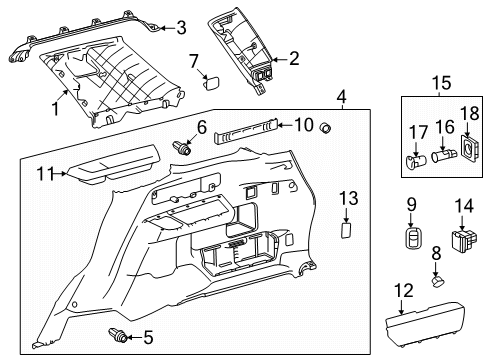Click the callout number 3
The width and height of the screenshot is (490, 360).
coord(181,28)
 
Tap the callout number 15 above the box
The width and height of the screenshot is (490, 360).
coord(442,83)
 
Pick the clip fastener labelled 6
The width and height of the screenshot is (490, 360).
coord(182,148)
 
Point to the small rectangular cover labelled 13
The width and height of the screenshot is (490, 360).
coord(346,230)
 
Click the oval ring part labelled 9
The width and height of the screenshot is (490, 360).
coord(412,238)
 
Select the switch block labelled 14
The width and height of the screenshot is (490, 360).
coord(464,240)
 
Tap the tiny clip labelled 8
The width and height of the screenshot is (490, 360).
coord(437,281)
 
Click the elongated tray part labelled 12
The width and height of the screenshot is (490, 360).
coord(425,322)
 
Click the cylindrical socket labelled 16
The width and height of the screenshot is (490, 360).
coord(444,155)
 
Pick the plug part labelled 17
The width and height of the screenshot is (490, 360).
coord(416,160)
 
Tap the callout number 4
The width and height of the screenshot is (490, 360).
coord(342,98)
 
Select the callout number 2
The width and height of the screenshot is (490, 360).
coord(294,59)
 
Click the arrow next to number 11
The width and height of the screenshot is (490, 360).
coord(59,174)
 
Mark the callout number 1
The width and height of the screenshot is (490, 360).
coord(55,109)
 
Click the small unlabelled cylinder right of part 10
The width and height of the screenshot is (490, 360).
coord(325,127)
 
